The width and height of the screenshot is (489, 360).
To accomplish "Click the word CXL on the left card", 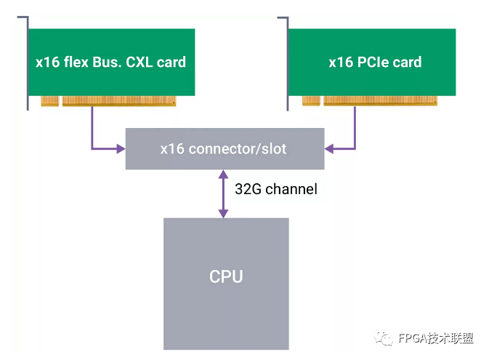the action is [140, 62].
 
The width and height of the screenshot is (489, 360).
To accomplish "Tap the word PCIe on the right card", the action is [373, 62].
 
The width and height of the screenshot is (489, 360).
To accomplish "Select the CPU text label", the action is [226, 276].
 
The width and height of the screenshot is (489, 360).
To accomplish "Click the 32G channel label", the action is [276, 189].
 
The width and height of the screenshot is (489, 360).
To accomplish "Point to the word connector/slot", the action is [238, 149].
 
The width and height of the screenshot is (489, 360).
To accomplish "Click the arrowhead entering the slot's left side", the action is [121, 148].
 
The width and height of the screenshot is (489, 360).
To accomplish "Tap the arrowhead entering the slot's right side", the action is [329, 148].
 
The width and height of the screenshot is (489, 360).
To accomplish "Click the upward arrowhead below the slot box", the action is [223, 175].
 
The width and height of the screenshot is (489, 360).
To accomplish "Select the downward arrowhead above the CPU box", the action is [223, 214].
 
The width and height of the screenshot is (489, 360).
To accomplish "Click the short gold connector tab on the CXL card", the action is [50, 101].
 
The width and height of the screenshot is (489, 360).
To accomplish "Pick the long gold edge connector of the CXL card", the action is [119, 101].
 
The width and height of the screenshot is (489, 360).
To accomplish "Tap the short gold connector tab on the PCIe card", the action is [311, 101].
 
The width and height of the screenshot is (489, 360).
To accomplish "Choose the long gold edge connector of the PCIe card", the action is [380, 101].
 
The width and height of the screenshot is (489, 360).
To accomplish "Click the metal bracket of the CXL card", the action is [28, 63].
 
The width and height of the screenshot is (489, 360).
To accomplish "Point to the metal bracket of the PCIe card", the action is [287, 63].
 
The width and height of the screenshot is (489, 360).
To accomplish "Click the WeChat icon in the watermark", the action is [384, 338].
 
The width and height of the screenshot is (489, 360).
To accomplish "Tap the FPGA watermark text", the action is [436, 338].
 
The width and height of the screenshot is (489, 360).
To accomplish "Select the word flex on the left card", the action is [76, 62].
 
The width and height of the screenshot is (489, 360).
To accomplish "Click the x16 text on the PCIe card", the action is [341, 62].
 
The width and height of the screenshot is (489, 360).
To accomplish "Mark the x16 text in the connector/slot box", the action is [172, 149].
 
